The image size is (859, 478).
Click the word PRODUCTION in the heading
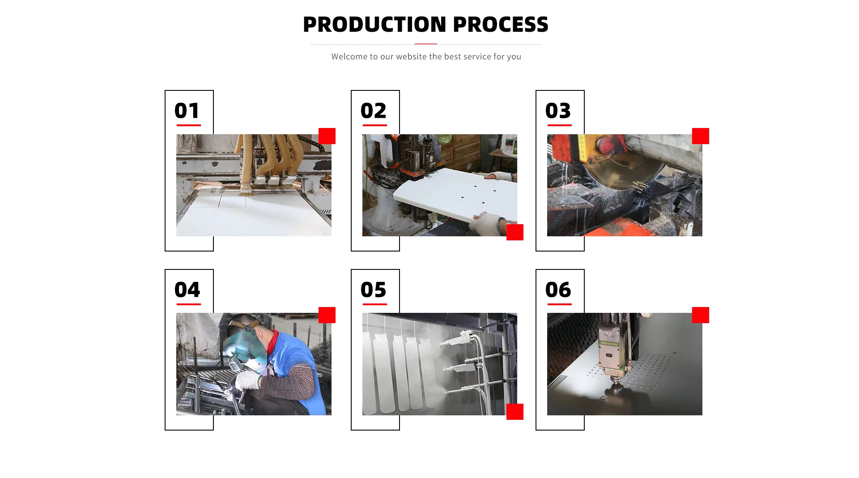point(374,24)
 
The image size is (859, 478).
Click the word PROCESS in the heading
point(501,24)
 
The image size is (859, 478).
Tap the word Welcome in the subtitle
point(348,56)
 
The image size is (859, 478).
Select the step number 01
point(187,111)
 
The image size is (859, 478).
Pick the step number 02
point(373,111)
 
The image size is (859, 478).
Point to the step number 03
point(558,111)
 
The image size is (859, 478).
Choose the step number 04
point(187,290)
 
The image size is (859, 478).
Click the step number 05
point(373,290)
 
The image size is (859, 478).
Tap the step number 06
point(558,290)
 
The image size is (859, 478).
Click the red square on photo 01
point(327,136)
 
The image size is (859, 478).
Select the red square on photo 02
point(515,232)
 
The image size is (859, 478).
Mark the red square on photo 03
point(701,136)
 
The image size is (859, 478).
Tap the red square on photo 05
point(515,412)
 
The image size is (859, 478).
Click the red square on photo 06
point(701,315)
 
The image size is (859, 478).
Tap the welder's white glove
point(248,381)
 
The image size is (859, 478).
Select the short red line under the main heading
point(425,44)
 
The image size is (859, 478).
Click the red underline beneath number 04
point(188,304)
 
